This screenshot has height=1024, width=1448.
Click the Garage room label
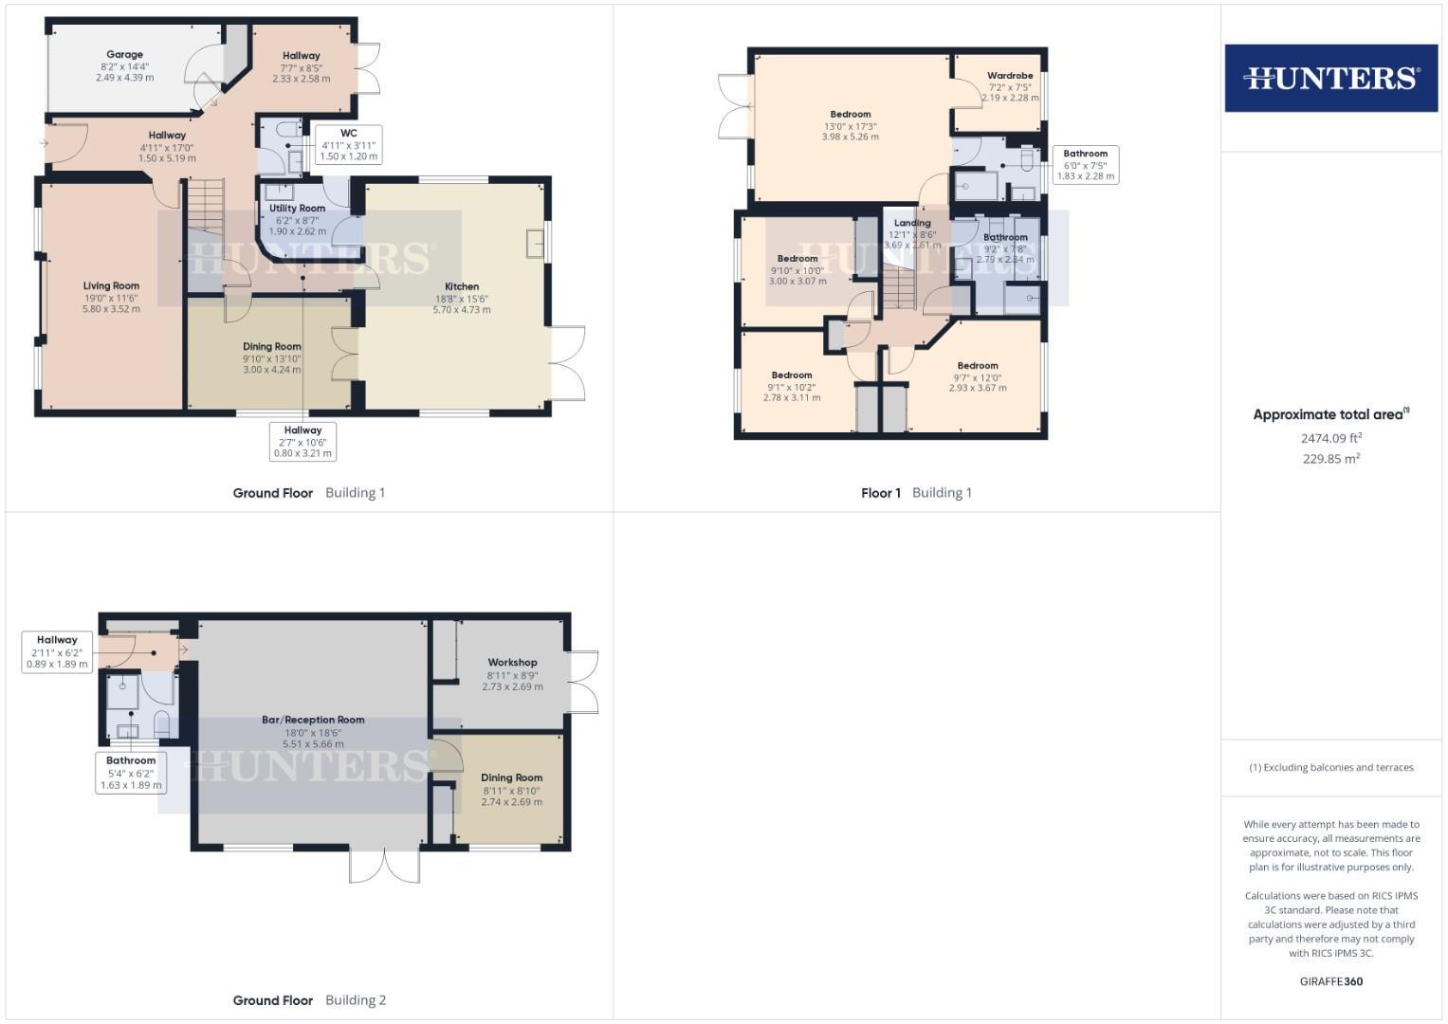[124, 55]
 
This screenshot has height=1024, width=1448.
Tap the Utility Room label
[297, 209]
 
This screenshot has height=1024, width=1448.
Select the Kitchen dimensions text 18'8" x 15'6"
[462, 298]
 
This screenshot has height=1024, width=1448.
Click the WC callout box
[348, 144]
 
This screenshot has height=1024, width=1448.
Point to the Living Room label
[111, 285]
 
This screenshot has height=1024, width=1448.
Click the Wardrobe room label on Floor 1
[1009, 76]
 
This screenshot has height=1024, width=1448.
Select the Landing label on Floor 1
[912, 223]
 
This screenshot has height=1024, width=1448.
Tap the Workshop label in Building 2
[512, 663]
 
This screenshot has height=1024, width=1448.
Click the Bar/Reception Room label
[313, 721]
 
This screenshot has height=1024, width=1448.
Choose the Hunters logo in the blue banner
[1330, 78]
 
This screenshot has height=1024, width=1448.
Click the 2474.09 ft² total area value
[1330, 438]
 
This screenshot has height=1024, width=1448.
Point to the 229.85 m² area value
[1330, 459]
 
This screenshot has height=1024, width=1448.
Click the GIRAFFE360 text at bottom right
[1330, 981]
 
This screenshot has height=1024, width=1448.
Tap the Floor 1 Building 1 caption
[916, 493]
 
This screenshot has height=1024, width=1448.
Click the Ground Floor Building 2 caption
[309, 1000]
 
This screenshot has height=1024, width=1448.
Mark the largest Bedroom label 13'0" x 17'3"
[850, 115]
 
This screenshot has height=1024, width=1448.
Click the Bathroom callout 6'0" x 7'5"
[1085, 165]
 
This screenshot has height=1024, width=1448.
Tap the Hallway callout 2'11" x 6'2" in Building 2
[57, 652]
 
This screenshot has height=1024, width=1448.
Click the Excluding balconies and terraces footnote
[1330, 767]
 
